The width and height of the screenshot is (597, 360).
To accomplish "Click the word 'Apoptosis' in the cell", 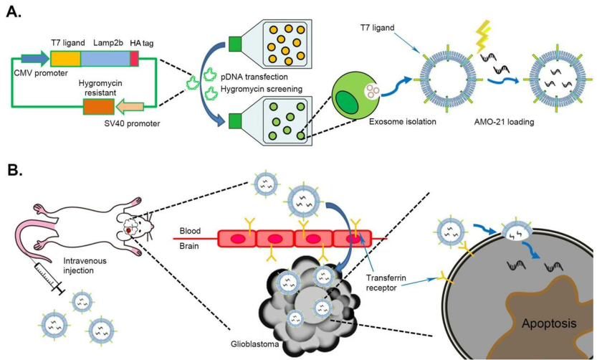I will coord(546,323).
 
